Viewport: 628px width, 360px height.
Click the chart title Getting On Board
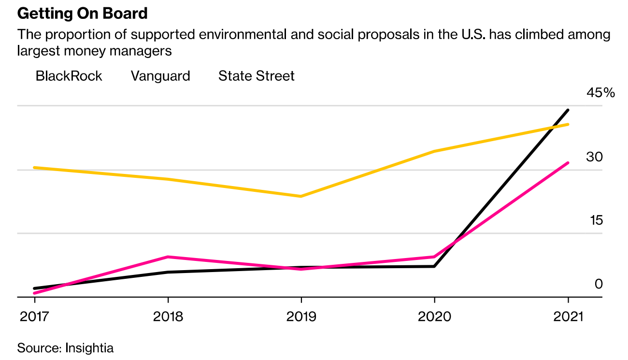pos(82,14)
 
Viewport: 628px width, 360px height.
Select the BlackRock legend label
pos(69,76)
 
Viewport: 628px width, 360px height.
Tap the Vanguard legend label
pos(160,76)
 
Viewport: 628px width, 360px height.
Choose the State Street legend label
pos(256,76)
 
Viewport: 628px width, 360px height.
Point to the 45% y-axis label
pos(600,93)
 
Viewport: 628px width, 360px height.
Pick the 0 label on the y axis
pos(599,284)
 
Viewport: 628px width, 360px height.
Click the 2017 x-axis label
pos(35,317)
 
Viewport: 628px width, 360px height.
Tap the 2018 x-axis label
pos(168,317)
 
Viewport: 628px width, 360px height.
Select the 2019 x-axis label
pos(301,317)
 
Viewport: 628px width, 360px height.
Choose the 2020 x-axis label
pos(434,317)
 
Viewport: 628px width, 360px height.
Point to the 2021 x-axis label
pos(568,317)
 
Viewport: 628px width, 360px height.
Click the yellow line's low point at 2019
pos(301,196)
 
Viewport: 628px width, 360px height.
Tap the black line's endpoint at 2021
pos(568,110)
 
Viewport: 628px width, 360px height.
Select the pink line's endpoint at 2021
pos(568,163)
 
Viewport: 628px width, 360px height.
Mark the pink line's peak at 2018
pos(168,257)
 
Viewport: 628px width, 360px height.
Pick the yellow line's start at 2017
pos(35,168)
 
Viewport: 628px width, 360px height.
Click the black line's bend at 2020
pos(434,266)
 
